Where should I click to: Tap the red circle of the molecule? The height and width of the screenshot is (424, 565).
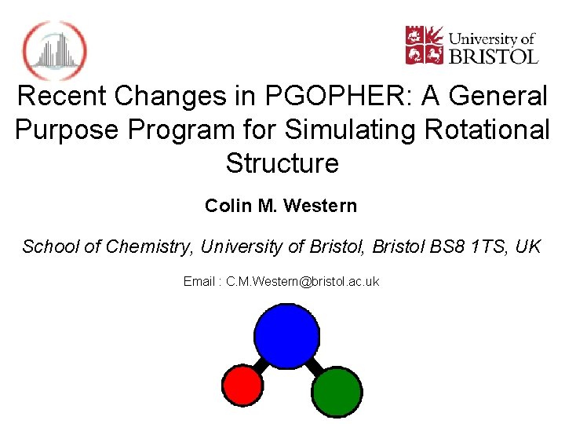(x=242, y=386)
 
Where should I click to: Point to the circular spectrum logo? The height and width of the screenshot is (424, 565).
(x=54, y=50)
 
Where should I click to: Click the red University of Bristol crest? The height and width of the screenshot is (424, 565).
(x=424, y=46)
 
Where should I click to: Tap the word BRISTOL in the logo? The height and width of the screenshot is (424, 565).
(x=493, y=56)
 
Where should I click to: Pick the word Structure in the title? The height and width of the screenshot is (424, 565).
(x=282, y=163)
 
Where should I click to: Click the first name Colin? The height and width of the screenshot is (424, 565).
(x=228, y=206)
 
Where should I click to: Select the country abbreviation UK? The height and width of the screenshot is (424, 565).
(x=528, y=247)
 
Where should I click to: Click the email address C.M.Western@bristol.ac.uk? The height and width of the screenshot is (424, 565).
(x=302, y=281)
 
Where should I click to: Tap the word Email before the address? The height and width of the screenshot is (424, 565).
(x=199, y=281)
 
